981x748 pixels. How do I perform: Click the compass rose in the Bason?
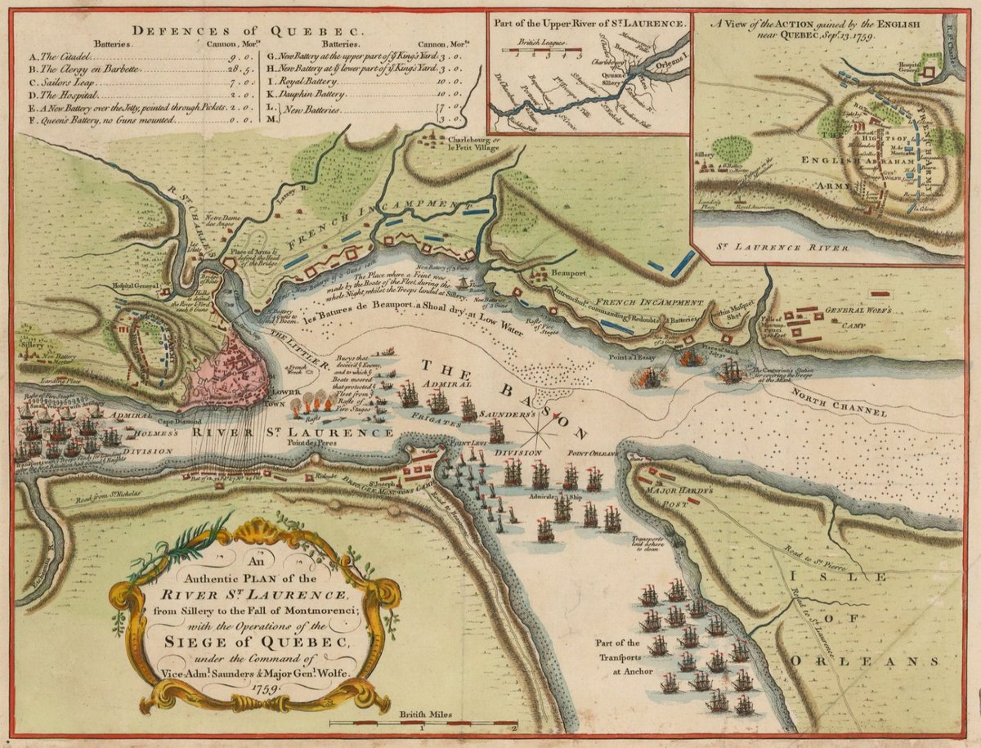[x=536, y=424]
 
